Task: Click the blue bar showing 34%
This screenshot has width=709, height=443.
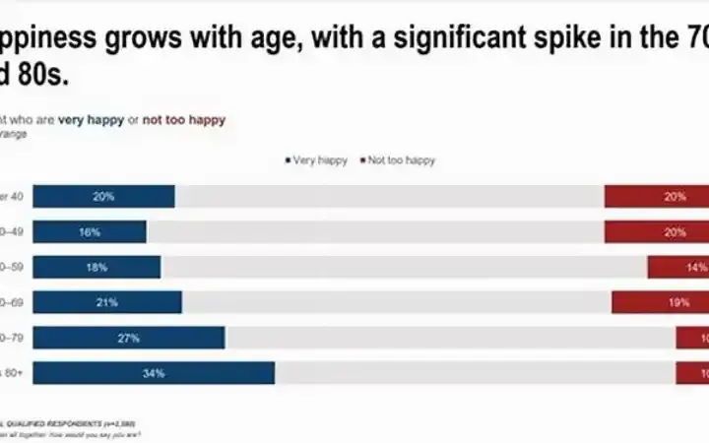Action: pos(154,373)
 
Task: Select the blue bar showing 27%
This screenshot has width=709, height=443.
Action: pos(129,338)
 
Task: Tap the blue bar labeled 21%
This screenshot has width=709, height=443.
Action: pos(106,302)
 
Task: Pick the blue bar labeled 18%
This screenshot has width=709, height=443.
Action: pos(97,267)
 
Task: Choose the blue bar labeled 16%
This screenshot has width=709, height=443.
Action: pos(90,231)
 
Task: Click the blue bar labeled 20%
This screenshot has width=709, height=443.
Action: pos(103,196)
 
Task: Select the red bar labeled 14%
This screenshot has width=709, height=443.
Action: pos(677,267)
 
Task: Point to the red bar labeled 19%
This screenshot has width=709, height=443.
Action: pos(660,302)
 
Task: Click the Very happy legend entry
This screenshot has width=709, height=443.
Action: pos(316,160)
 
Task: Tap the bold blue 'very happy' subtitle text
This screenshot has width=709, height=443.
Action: pos(92,120)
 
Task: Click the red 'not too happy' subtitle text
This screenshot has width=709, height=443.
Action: pos(183,120)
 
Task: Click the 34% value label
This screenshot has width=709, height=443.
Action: pos(154,373)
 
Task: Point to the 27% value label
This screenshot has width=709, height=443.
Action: pos(129,338)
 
